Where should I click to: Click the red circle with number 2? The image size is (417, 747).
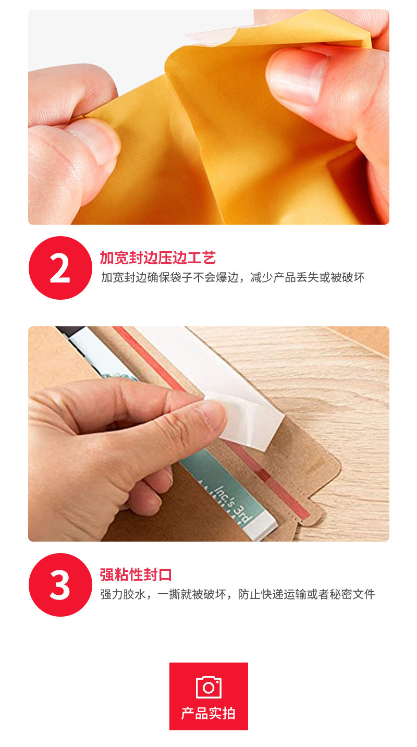point(60,268)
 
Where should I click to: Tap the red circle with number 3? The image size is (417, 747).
point(60,585)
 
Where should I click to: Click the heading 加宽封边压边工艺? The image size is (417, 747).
point(157,258)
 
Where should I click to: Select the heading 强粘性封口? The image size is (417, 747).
point(136,575)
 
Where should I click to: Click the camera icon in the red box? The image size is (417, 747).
point(208,687)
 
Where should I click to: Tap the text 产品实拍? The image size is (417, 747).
point(208,714)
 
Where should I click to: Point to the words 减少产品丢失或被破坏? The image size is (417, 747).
point(308,277)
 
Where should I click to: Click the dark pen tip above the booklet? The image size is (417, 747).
point(70,332)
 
